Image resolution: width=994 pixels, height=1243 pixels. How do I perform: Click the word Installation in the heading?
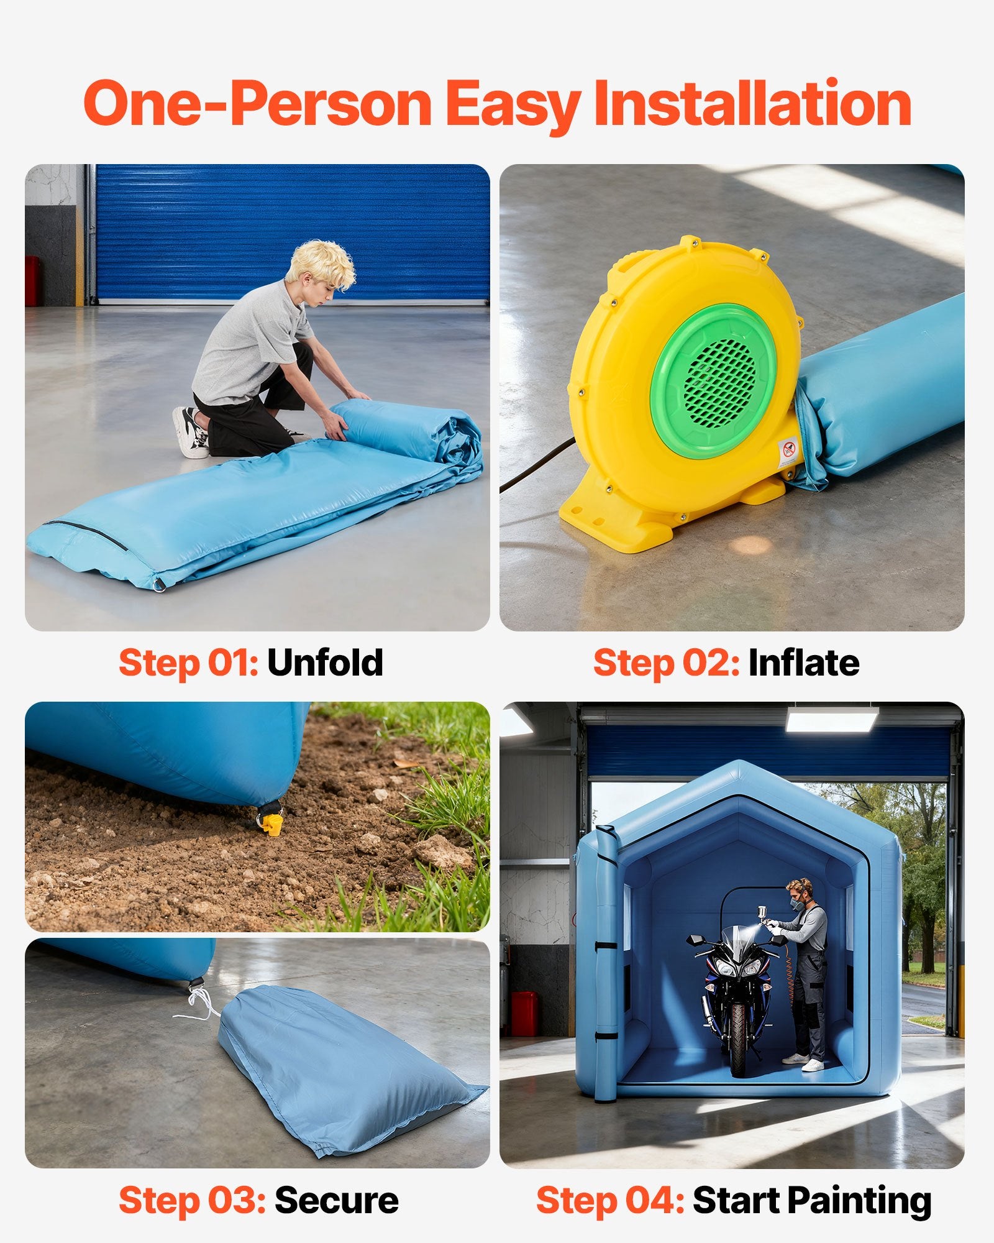pyautogui.click(x=752, y=103)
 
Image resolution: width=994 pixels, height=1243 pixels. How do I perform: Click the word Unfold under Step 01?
pyautogui.click(x=325, y=663)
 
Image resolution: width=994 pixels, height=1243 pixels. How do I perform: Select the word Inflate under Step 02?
pyautogui.click(x=804, y=663)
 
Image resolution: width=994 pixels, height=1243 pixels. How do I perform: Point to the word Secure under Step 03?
pyautogui.click(x=336, y=1200)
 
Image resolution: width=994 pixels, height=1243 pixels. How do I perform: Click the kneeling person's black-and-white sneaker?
pyautogui.click(x=190, y=431)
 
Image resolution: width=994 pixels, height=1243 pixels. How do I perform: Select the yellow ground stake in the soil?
pyautogui.click(x=271, y=823)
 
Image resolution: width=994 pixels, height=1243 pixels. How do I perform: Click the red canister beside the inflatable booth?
pyautogui.click(x=523, y=1014)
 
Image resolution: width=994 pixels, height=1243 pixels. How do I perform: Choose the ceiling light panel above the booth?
pyautogui.click(x=832, y=718)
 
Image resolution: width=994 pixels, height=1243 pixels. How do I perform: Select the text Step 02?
pyautogui.click(x=666, y=663)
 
